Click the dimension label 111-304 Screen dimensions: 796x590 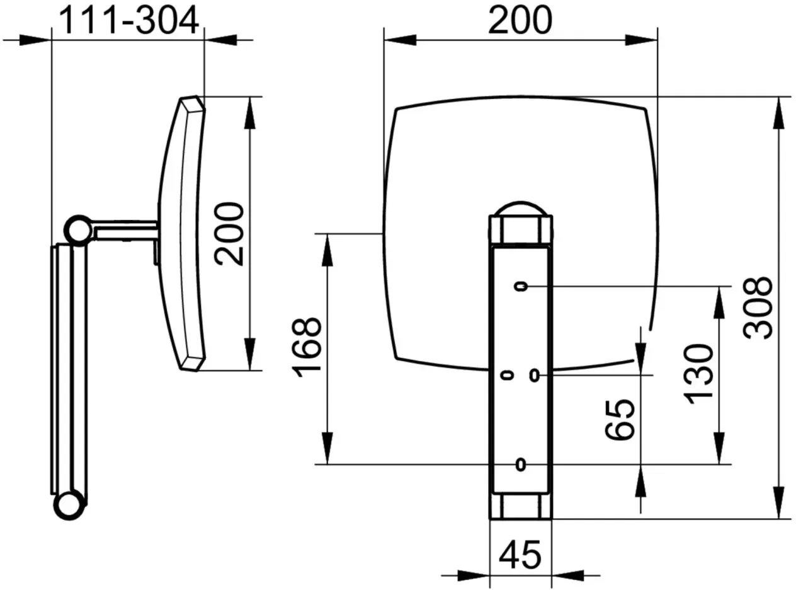[x=128, y=21]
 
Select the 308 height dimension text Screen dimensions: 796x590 [x=757, y=308]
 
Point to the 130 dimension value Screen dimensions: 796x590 [x=698, y=374]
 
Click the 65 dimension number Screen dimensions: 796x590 [x=620, y=420]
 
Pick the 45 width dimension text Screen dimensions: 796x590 [x=520, y=555]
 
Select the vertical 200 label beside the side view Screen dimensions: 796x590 [x=229, y=234]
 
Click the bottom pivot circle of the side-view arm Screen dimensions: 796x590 [x=69, y=505]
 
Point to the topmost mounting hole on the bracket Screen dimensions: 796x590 [x=521, y=287]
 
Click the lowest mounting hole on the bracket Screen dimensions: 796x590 [x=521, y=465]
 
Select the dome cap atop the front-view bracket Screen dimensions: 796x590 [x=521, y=209]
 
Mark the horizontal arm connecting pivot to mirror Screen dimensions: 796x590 [x=125, y=230]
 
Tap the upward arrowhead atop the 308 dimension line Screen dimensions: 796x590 [x=778, y=113]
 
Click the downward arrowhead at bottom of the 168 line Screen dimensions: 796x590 [x=327, y=448]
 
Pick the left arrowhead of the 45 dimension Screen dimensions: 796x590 [x=474, y=576]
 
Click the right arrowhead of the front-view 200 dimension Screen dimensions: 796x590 [x=641, y=40]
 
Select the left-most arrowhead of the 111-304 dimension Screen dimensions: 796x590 [x=35, y=40]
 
